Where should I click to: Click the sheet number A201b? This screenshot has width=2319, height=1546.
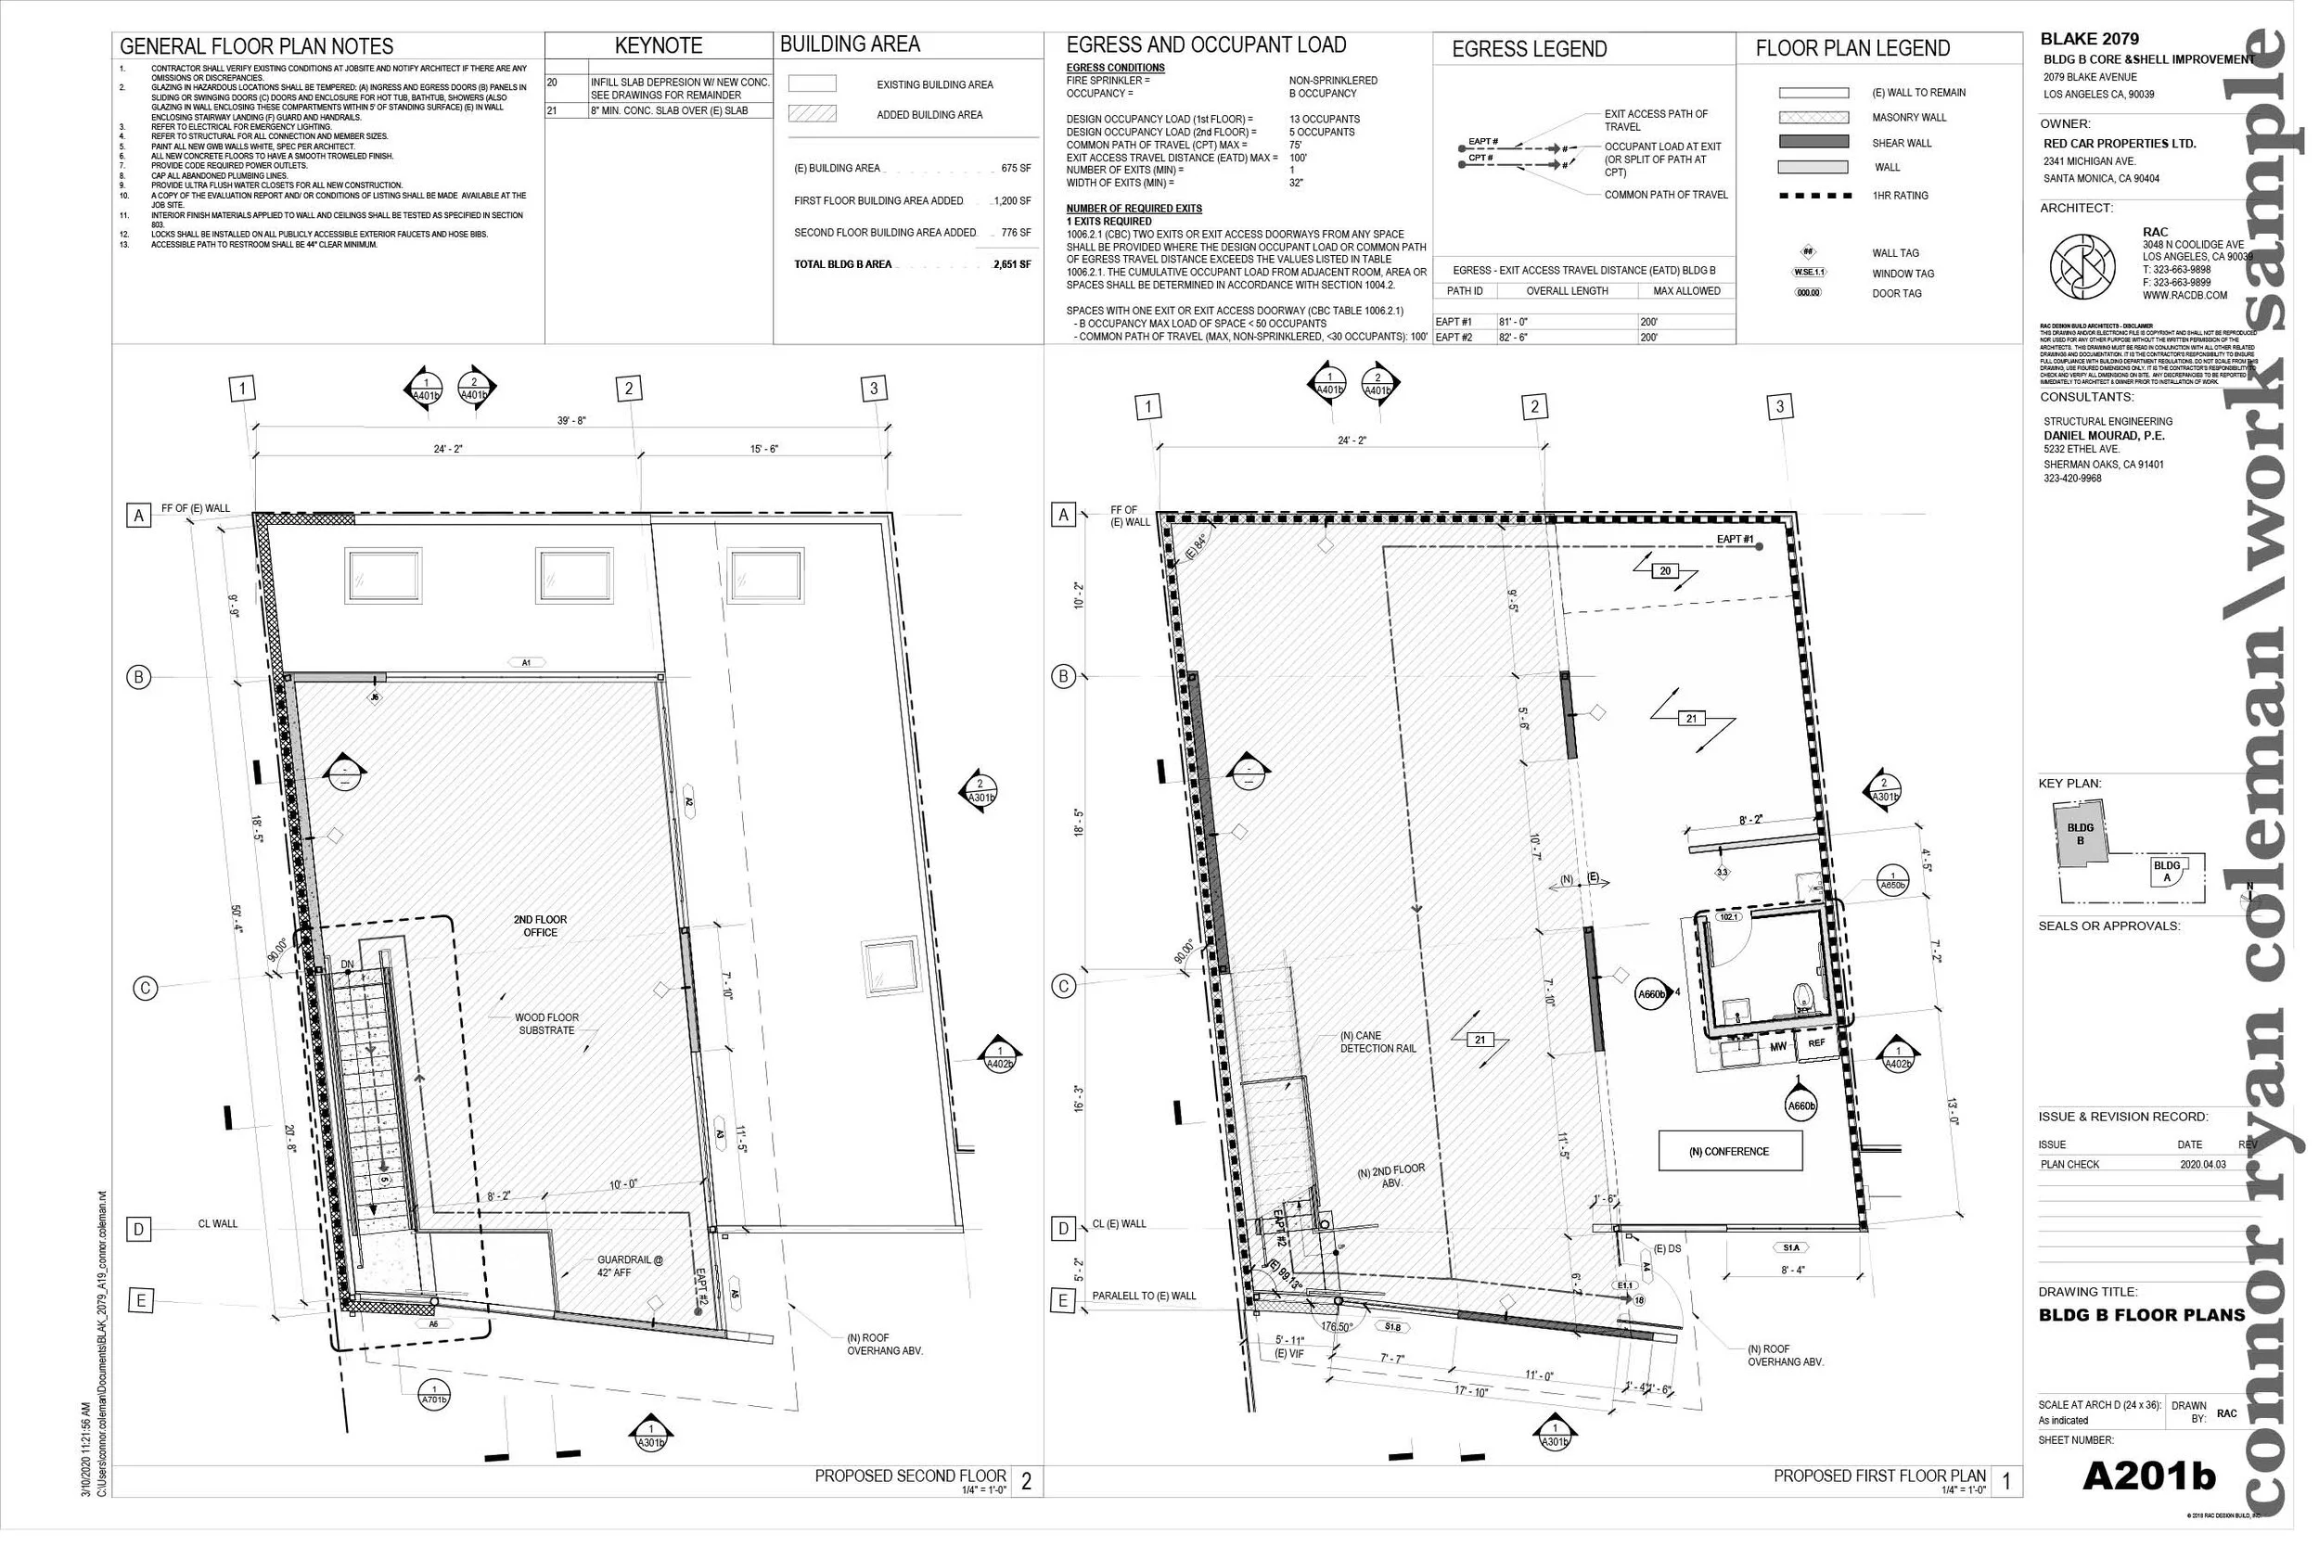pyautogui.click(x=2148, y=1476)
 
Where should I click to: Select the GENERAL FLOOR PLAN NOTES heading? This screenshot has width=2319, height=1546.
pyautogui.click(x=256, y=46)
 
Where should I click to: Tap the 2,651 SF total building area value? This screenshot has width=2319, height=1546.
pyautogui.click(x=1012, y=264)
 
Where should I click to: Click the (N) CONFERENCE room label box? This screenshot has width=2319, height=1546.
pyautogui.click(x=1729, y=1152)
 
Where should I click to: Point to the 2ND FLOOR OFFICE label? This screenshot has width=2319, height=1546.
pyautogui.click(x=540, y=926)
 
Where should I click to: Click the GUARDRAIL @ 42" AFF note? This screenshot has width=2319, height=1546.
pyautogui.click(x=629, y=1266)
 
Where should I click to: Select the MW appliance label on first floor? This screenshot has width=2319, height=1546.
pyautogui.click(x=1777, y=1046)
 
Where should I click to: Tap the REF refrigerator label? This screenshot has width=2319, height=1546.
pyautogui.click(x=1816, y=1043)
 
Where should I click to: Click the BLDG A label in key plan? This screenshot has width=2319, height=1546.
pyautogui.click(x=2166, y=872)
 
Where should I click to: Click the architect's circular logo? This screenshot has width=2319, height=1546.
pyautogui.click(x=2082, y=267)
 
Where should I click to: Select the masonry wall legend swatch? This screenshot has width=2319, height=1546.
pyautogui.click(x=1813, y=118)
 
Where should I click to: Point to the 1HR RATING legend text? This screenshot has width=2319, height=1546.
pyautogui.click(x=1900, y=196)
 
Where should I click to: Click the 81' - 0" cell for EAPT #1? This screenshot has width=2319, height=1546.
pyautogui.click(x=1514, y=322)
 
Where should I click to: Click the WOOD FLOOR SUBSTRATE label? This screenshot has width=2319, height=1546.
pyautogui.click(x=546, y=1024)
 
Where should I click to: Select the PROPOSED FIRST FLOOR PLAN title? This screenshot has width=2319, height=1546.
pyautogui.click(x=1879, y=1476)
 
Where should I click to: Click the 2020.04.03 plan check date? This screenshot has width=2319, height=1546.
pyautogui.click(x=2202, y=1165)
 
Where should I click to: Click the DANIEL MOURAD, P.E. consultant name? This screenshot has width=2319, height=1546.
pyautogui.click(x=2103, y=436)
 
